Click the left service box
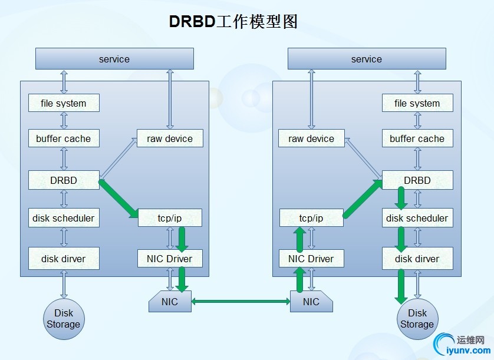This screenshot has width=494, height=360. tap(114, 59)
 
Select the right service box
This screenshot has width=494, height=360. tap(366, 59)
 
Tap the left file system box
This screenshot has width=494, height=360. tap(64, 103)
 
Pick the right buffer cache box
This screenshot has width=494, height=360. tap(417, 138)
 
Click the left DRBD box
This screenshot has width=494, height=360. tap(64, 180)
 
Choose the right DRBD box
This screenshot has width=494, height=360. tap(417, 180)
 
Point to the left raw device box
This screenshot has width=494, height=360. tap(170, 138)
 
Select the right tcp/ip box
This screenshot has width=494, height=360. tap(311, 218)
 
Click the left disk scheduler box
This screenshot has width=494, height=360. tap(64, 218)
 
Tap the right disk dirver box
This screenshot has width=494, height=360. tap(417, 259)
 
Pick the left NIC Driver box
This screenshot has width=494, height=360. tap(170, 259)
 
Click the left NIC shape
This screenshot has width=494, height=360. tap(170, 302)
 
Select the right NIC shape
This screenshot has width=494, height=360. tap(311, 302)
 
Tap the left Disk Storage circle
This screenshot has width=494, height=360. tap(63, 319)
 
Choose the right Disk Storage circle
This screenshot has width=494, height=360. tap(417, 319)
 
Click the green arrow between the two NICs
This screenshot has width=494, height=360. tap(241, 302)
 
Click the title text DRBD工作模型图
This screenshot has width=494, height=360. tap(233, 22)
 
